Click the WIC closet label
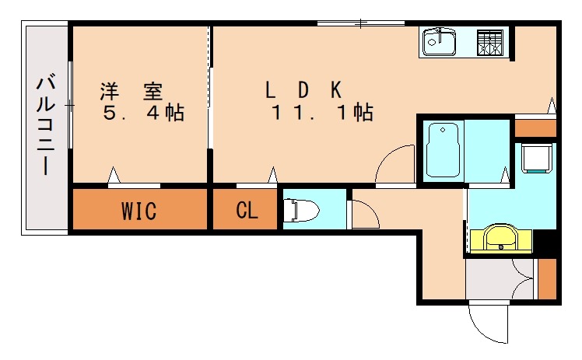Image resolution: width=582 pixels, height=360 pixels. [139, 210]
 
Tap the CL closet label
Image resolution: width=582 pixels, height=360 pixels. [247, 210]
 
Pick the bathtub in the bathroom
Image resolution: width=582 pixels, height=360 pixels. [444, 151]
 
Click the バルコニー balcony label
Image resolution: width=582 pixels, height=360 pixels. [44, 124]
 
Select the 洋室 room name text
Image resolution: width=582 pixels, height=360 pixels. [131, 90]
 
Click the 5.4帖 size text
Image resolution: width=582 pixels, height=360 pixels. [145, 114]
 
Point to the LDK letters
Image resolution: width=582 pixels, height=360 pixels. [303, 90]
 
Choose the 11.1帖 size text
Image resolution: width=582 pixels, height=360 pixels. [321, 114]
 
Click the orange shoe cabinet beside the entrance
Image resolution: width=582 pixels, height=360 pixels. [548, 279]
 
